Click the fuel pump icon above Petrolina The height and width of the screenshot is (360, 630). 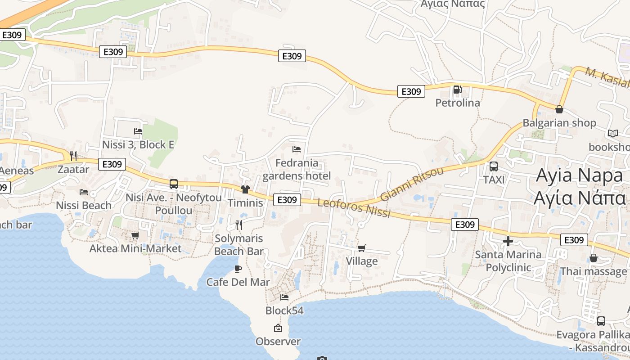tap(457, 90)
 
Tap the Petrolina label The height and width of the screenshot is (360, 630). tap(458, 103)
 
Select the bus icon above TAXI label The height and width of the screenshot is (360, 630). tap(494, 166)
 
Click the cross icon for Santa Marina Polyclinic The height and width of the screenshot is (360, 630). tap(508, 241)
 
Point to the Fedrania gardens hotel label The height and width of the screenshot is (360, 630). tap(297, 169)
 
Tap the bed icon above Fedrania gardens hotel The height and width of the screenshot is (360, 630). tap(297, 149)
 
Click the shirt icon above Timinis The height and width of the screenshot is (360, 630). tap(245, 189)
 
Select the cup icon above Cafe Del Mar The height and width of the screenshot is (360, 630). tap(238, 269)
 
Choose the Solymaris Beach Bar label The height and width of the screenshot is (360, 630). tap(238, 245)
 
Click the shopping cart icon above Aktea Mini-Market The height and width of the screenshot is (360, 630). tap(135, 235)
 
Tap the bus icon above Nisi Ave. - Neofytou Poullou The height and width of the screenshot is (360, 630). tap(174, 184)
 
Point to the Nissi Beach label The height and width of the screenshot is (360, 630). tap(84, 206)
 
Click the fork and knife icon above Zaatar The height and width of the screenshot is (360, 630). tap(73, 156)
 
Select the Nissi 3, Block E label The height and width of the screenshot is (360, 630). tap(138, 145)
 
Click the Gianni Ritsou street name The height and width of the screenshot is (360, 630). tap(412, 184)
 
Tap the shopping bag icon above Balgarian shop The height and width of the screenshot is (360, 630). tap(559, 109)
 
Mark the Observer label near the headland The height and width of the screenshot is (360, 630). tap(278, 342)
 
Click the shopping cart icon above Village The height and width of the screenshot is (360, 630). tap(362, 248)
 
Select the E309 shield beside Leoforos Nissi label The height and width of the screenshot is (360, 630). tap(287, 200)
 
